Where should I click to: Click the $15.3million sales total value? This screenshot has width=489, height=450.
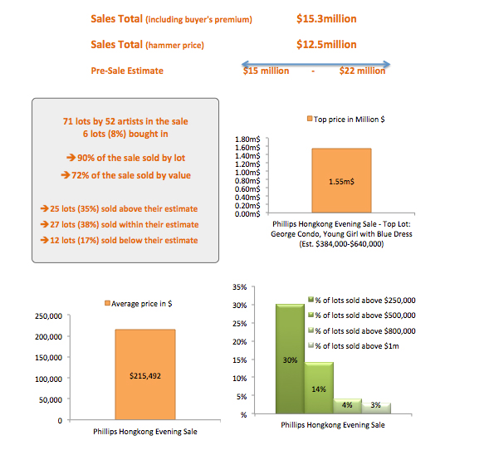click(326, 19)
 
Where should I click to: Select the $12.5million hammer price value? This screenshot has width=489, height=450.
click(326, 45)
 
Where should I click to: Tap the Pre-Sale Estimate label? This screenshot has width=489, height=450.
click(127, 71)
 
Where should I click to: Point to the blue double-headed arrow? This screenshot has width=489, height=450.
click(315, 65)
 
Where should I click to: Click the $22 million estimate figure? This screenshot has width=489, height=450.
click(362, 71)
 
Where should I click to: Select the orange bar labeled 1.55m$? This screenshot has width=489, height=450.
click(341, 180)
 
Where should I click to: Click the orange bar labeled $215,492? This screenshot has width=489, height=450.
click(145, 374)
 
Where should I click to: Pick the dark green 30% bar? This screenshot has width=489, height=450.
click(290, 359)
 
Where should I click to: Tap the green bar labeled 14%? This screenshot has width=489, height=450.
click(319, 388)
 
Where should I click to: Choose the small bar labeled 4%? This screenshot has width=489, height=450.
click(347, 406)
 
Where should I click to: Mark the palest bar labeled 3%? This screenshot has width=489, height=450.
click(376, 408)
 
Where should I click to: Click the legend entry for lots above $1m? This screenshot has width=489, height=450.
click(354, 346)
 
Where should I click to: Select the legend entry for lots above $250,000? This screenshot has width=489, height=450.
click(362, 301)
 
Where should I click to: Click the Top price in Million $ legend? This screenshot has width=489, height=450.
click(346, 119)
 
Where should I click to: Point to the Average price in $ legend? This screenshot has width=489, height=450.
click(138, 303)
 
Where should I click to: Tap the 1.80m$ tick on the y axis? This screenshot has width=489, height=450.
click(247, 139)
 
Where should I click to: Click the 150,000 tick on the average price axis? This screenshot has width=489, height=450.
click(48, 358)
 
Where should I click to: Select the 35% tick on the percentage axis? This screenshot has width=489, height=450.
click(239, 287)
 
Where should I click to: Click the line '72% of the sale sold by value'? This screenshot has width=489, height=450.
click(125, 175)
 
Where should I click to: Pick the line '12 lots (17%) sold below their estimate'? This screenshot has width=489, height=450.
click(119, 241)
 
